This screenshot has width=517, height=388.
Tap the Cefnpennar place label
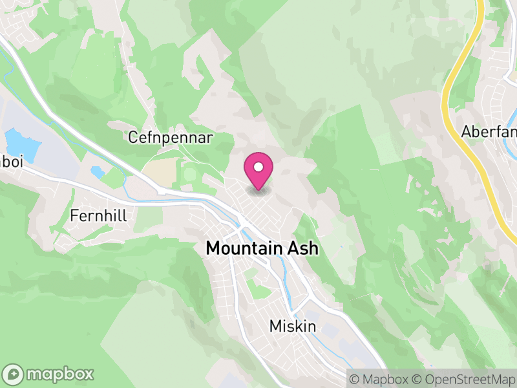click(171, 138)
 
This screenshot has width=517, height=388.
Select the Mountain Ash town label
click(262, 248)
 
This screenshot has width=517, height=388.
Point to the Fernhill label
click(99, 215)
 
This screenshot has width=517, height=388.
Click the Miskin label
click(293, 327)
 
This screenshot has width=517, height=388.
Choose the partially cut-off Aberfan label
click(489, 132)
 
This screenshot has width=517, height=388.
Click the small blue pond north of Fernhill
click(97, 172)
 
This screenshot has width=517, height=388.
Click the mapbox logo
click(49, 374)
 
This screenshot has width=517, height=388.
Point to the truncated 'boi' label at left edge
click(12, 162)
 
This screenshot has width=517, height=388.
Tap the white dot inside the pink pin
click(258, 167)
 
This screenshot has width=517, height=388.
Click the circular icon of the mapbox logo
click(14, 374)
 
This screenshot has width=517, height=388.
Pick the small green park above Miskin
click(260, 292)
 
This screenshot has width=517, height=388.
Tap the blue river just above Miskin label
click(294, 304)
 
